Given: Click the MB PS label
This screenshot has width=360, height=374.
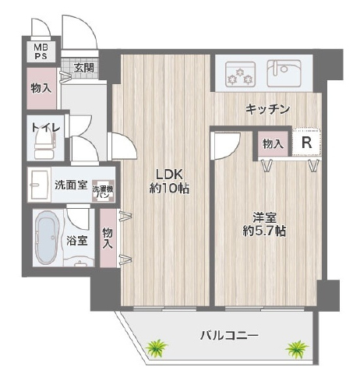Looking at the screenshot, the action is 41,51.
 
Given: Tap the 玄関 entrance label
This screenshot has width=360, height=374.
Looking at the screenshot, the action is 83,68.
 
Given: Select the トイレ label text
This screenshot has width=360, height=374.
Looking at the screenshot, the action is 46,128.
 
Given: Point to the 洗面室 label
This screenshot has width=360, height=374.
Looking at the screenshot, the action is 71,185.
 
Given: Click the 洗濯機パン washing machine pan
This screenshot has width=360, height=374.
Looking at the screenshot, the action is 103,192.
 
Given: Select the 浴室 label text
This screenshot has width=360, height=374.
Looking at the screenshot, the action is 77,241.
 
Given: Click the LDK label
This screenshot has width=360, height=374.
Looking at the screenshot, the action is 169,175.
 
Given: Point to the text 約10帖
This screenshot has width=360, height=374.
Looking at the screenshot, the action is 169,189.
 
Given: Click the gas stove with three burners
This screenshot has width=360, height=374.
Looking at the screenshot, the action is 240,74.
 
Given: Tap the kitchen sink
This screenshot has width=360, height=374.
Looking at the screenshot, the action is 284,73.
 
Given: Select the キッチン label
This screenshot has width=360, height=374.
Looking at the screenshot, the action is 267,109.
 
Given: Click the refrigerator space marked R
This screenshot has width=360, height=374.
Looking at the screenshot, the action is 307,142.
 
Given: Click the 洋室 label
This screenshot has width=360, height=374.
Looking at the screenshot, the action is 264,217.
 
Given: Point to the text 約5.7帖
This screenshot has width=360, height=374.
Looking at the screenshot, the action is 264,231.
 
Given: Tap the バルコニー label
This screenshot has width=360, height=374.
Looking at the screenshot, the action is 229,336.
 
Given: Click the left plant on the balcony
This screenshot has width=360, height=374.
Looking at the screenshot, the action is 157,348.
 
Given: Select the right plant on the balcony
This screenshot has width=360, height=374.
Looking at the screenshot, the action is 297,348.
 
